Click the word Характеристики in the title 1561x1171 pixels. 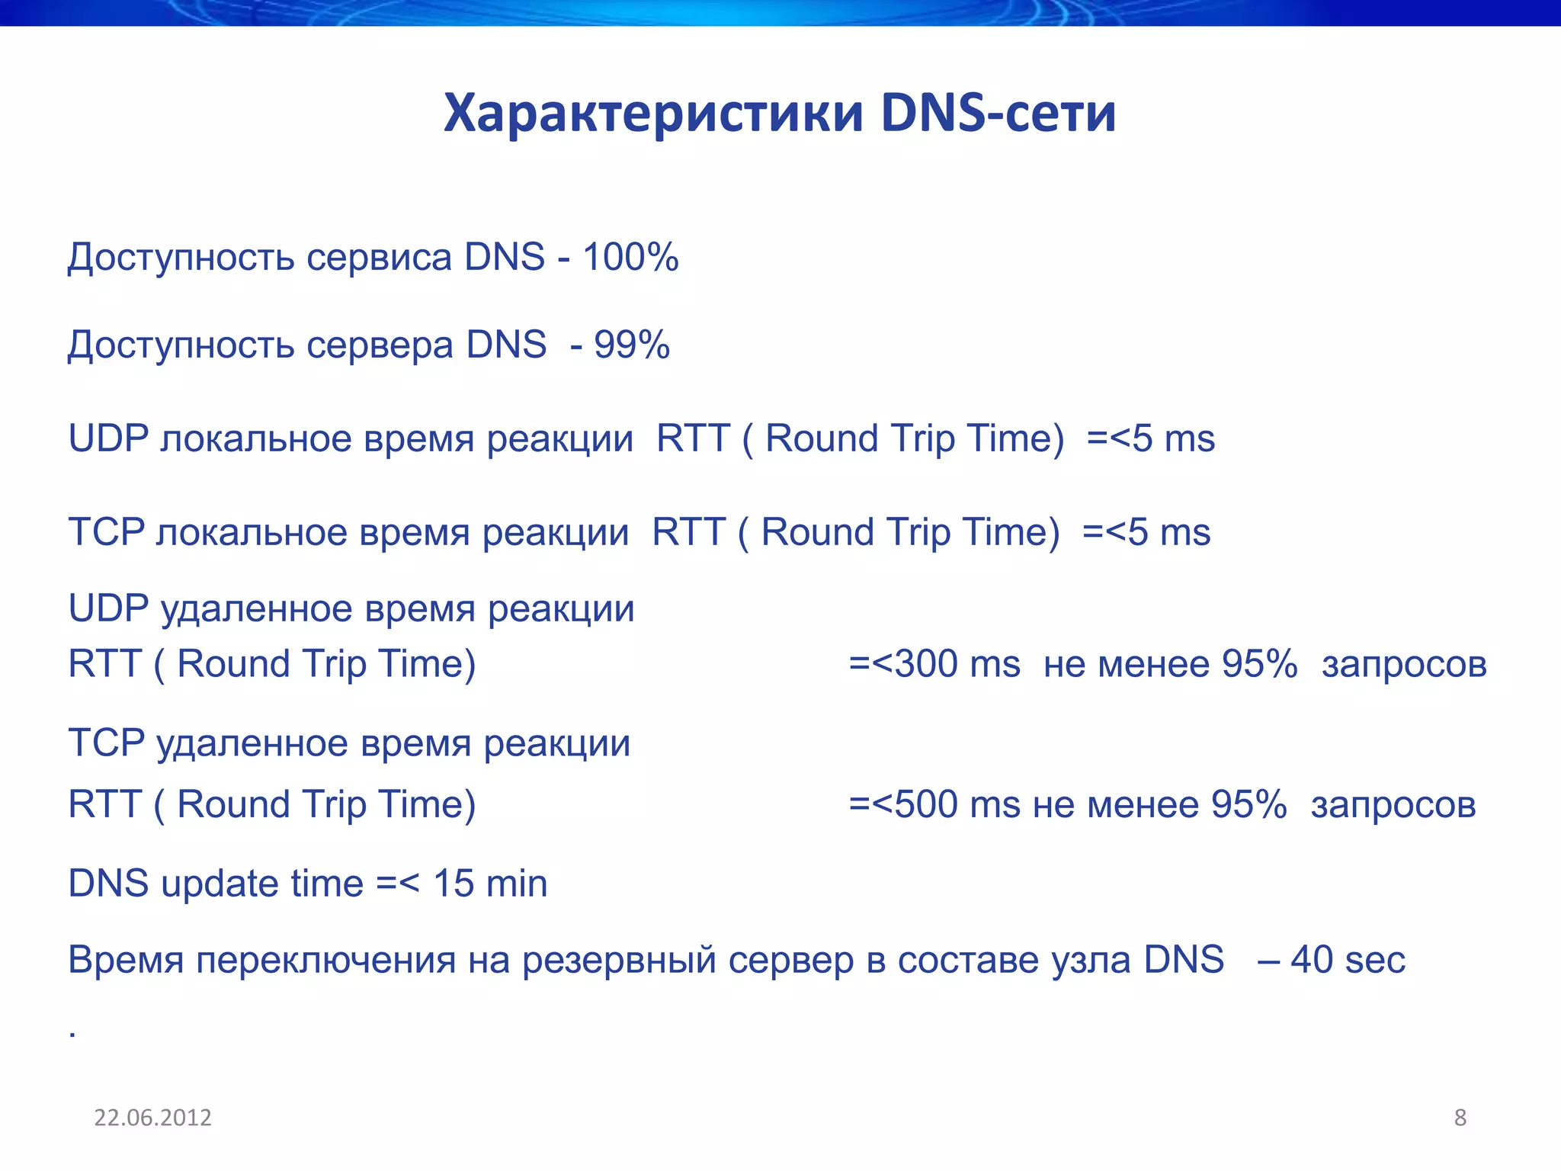653,114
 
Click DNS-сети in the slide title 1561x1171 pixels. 998,114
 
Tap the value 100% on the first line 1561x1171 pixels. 630,257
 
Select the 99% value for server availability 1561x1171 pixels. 632,345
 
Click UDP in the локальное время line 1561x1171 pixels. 107,438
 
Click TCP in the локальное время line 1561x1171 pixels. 106,532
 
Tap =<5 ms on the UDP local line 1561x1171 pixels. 1150,439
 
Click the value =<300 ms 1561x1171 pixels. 934,664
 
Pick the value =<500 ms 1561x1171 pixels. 934,804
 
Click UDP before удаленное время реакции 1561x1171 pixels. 107,609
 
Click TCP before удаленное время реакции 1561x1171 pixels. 106,743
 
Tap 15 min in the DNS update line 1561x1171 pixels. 490,884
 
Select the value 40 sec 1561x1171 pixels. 1348,960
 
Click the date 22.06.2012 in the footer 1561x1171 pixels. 152,1118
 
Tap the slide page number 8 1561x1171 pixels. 1460,1118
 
